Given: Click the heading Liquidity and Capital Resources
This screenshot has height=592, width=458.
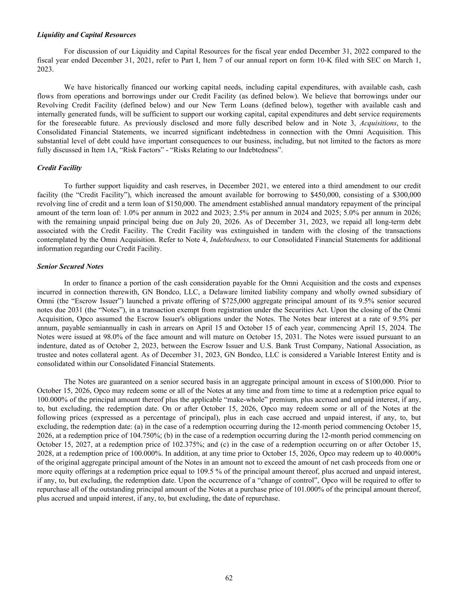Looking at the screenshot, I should [87, 35].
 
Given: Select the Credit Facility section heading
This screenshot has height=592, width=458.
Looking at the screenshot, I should [59, 167].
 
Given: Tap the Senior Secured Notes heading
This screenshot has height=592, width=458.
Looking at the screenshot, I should [70, 266].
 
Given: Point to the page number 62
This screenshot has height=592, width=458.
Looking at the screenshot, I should [229, 578].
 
